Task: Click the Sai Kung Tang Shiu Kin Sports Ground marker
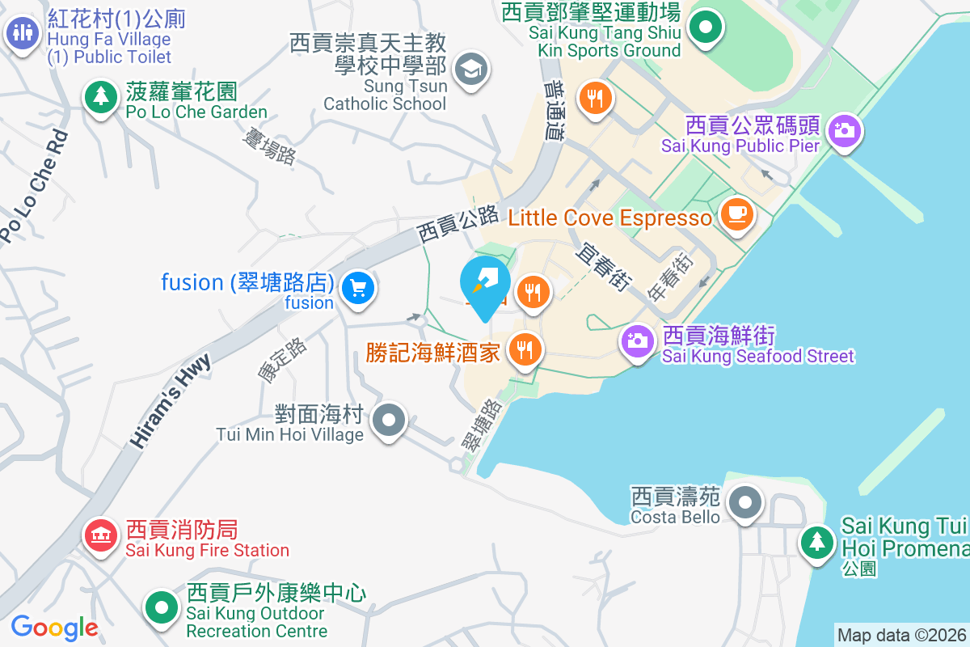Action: click(706, 28)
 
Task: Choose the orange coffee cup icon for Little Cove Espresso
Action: click(736, 214)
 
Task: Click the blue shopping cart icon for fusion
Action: click(356, 288)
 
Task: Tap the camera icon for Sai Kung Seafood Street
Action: click(637, 340)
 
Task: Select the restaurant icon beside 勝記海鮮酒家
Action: click(525, 350)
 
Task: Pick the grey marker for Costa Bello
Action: click(744, 504)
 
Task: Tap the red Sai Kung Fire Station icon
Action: click(101, 535)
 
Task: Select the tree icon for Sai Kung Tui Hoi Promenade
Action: click(818, 542)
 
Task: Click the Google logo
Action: click(54, 627)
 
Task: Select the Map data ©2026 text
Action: click(900, 635)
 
